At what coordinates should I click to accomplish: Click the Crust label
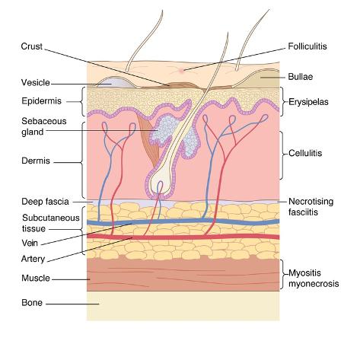coord(31,46)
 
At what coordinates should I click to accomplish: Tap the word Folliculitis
coord(307,46)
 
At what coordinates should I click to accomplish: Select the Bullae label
coord(301,77)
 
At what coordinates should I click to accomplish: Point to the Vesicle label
coord(36,83)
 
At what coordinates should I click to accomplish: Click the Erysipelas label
coord(308,102)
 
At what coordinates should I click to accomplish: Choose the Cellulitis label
coord(305,153)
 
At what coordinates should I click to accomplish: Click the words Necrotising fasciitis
coord(311,207)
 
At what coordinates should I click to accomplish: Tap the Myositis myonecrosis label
coord(314,279)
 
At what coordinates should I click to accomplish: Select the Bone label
coord(32,303)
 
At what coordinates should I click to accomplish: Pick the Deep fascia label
coord(45,202)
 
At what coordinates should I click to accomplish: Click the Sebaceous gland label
coord(44,126)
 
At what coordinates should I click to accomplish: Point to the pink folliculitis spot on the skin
coord(181,71)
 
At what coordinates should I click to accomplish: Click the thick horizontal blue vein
coord(183,221)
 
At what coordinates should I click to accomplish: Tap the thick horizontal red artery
coord(183,237)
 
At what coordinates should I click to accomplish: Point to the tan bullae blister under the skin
coord(266,78)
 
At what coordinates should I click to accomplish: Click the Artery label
coord(33,259)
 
